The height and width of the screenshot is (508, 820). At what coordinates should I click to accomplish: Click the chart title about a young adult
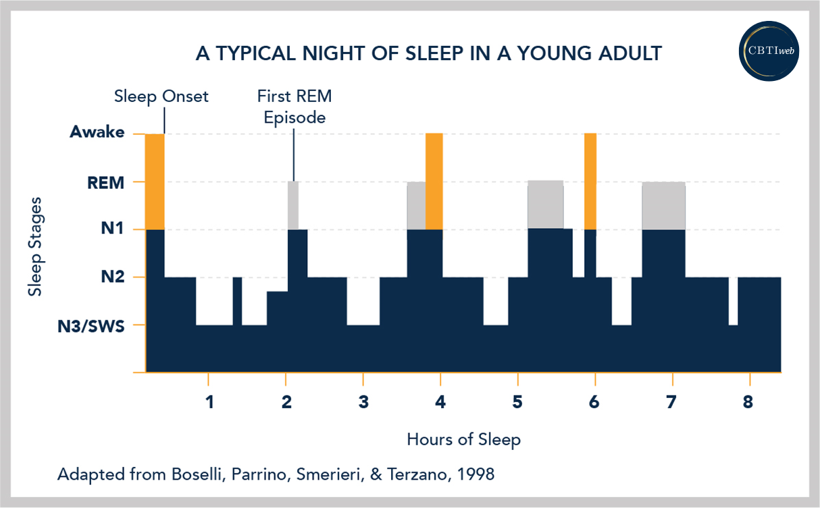(x=428, y=53)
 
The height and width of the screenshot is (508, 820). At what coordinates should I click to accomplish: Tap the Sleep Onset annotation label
(x=161, y=96)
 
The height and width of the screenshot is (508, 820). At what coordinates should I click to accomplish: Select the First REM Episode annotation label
(x=294, y=107)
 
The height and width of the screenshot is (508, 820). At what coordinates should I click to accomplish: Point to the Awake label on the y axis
(x=97, y=133)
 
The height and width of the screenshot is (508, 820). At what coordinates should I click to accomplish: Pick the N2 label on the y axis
(x=113, y=277)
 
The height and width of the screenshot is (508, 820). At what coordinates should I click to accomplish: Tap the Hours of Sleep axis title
(x=463, y=440)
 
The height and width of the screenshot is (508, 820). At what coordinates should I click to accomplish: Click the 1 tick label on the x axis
(x=209, y=403)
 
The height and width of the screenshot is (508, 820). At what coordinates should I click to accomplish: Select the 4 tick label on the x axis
(x=440, y=403)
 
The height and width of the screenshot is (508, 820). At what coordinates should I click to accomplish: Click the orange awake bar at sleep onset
(x=155, y=181)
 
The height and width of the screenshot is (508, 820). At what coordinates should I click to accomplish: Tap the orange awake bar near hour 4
(x=434, y=181)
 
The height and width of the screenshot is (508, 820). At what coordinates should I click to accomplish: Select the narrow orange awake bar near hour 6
(x=590, y=181)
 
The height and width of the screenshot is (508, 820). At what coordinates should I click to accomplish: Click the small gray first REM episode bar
(x=292, y=205)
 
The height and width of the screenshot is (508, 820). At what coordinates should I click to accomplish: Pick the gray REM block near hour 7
(x=663, y=206)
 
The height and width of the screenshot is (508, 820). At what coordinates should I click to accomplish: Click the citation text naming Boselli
(x=276, y=474)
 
